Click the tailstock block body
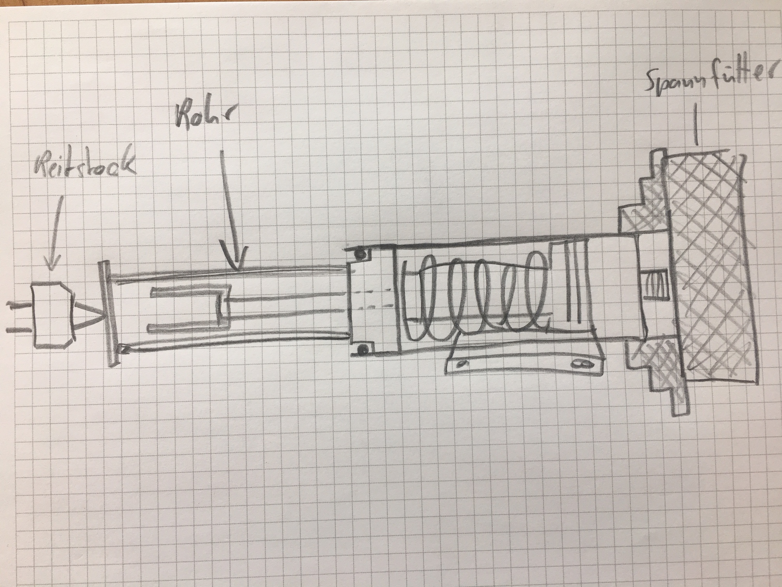click(52, 315)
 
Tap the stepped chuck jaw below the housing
click(656, 377)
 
